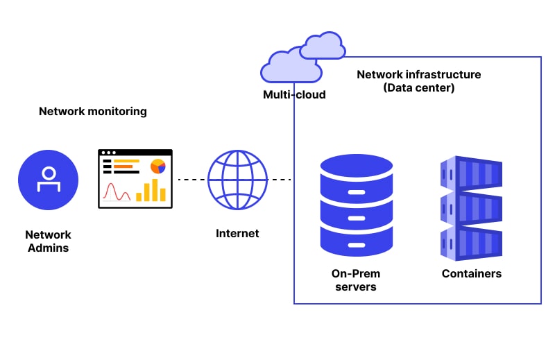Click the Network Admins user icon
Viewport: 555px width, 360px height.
coord(48,180)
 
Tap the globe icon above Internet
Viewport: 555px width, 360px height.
coord(237,180)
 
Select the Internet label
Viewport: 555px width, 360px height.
coord(237,233)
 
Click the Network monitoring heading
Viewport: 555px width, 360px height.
coord(93,112)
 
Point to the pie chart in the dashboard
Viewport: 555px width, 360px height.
coord(158,166)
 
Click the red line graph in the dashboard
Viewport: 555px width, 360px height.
coord(117,192)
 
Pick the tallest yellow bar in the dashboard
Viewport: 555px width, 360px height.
coord(155,190)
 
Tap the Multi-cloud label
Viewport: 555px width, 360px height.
coord(294,94)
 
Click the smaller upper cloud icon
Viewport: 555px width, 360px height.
coord(323,45)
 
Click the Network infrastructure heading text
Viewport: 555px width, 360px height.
coord(419,75)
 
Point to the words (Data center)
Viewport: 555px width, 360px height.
coord(419,88)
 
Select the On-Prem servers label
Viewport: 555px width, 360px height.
coord(356,280)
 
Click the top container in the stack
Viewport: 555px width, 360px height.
coord(471,173)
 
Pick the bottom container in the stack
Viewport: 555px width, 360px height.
coord(471,244)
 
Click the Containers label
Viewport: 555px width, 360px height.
coord(472,273)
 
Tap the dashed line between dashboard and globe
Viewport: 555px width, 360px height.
coord(191,180)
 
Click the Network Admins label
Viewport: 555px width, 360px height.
coord(48,241)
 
